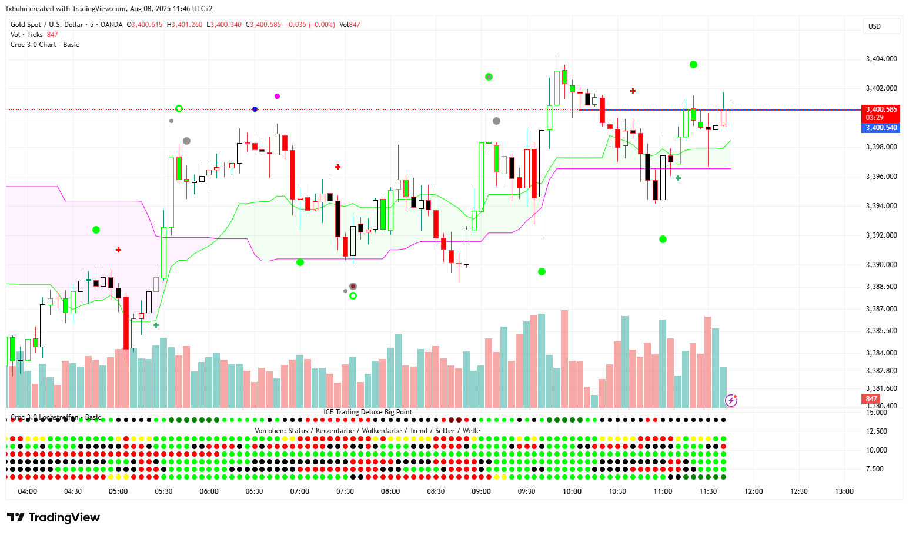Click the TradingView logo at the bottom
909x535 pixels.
tap(54, 517)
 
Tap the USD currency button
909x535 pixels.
tap(875, 26)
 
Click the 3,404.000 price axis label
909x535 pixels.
tap(881, 59)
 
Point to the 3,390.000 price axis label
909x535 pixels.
tap(881, 265)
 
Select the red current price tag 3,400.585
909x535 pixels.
tap(881, 109)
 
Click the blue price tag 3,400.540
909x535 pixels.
tap(881, 128)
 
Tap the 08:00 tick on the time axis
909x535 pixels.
tap(390, 491)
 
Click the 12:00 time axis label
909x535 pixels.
tap(754, 491)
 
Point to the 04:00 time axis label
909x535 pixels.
tap(28, 491)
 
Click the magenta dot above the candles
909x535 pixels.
tap(278, 96)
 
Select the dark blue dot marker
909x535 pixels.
tap(255, 109)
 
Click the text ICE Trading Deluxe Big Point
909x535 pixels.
tap(367, 412)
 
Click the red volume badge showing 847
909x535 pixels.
tap(871, 399)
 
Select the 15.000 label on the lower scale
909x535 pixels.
tap(877, 413)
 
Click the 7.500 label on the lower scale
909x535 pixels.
tap(875, 469)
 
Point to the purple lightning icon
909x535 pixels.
tap(731, 401)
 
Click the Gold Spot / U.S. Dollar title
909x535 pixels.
tap(47, 25)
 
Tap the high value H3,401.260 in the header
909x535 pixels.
tap(185, 25)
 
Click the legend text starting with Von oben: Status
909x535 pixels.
tap(367, 431)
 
